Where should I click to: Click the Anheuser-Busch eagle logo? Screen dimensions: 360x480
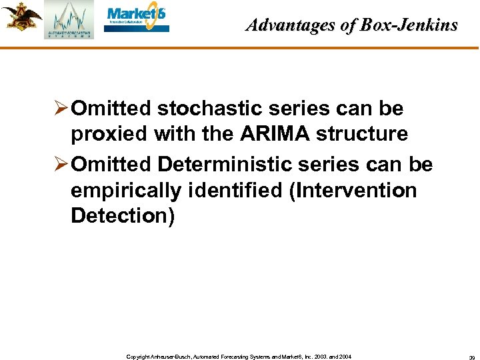[x=21, y=17]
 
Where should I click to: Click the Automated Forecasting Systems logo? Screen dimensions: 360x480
[x=69, y=21]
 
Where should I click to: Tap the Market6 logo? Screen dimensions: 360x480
[x=137, y=19]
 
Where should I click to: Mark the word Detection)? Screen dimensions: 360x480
[x=122, y=216]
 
